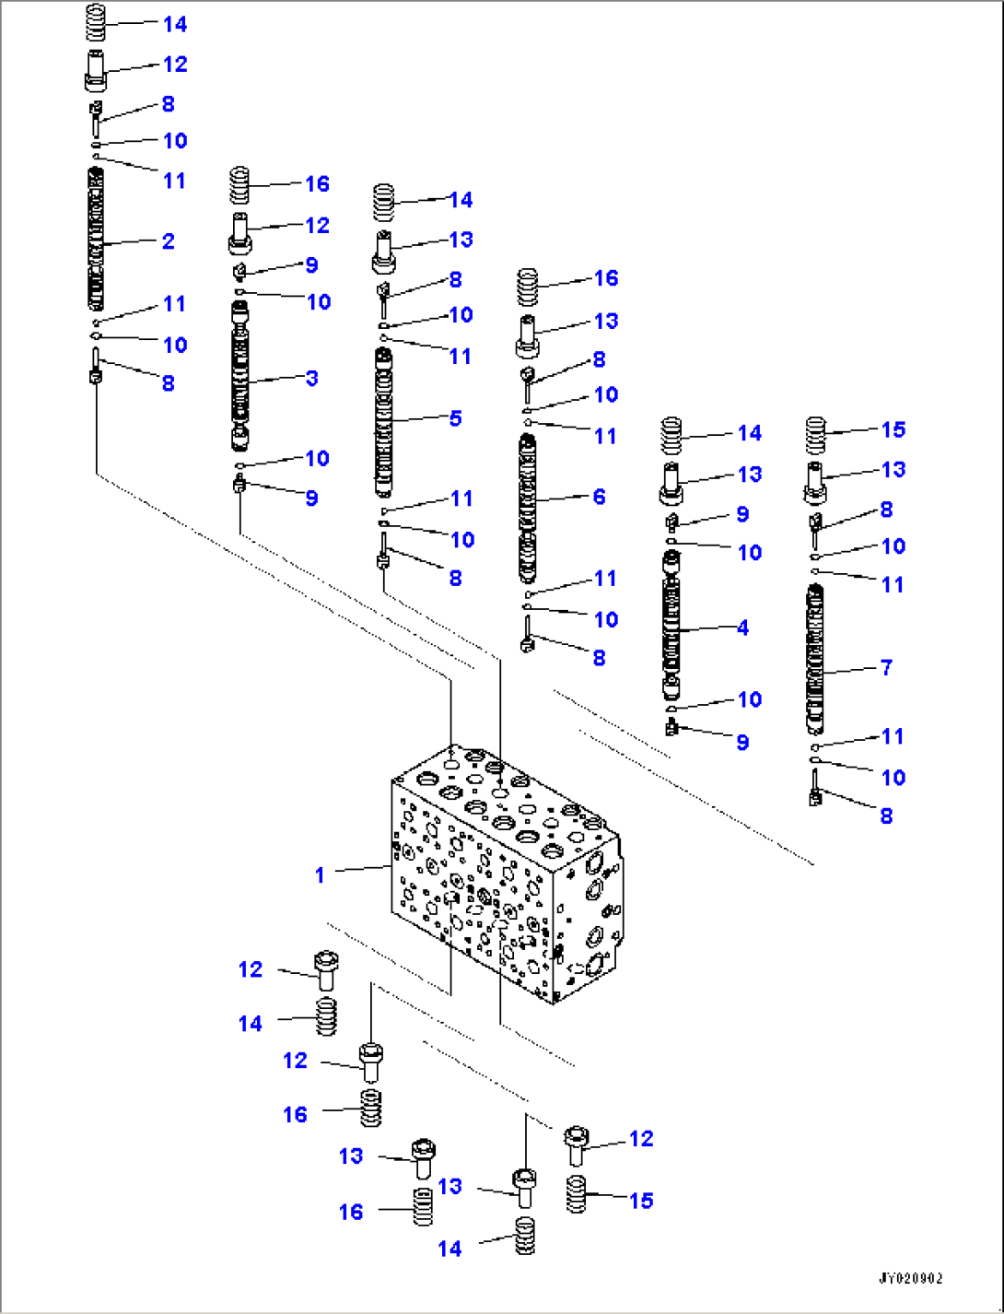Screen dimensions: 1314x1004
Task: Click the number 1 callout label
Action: click(x=320, y=874)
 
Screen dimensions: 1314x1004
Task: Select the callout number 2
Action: click(x=168, y=241)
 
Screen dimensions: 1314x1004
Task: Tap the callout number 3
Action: click(x=311, y=378)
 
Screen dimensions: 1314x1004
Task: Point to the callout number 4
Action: click(x=742, y=628)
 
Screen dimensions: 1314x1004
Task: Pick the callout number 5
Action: click(x=455, y=418)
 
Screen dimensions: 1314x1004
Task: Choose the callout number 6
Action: click(x=599, y=498)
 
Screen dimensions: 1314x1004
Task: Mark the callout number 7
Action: click(x=886, y=667)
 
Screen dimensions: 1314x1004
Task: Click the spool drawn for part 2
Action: click(x=96, y=240)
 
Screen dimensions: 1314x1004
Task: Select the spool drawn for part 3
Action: click(x=239, y=378)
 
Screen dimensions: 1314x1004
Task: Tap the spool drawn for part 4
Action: click(x=671, y=627)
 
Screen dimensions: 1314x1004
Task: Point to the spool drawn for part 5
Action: click(x=383, y=422)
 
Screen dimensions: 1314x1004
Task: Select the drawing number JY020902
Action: click(x=909, y=1278)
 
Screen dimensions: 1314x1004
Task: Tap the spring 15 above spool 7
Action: click(x=814, y=435)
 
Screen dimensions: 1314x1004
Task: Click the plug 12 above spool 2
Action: click(x=96, y=71)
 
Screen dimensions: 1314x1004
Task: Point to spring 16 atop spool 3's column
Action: click(x=239, y=185)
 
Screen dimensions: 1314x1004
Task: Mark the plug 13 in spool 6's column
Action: click(x=527, y=335)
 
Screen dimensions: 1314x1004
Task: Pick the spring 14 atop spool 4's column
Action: click(x=671, y=436)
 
